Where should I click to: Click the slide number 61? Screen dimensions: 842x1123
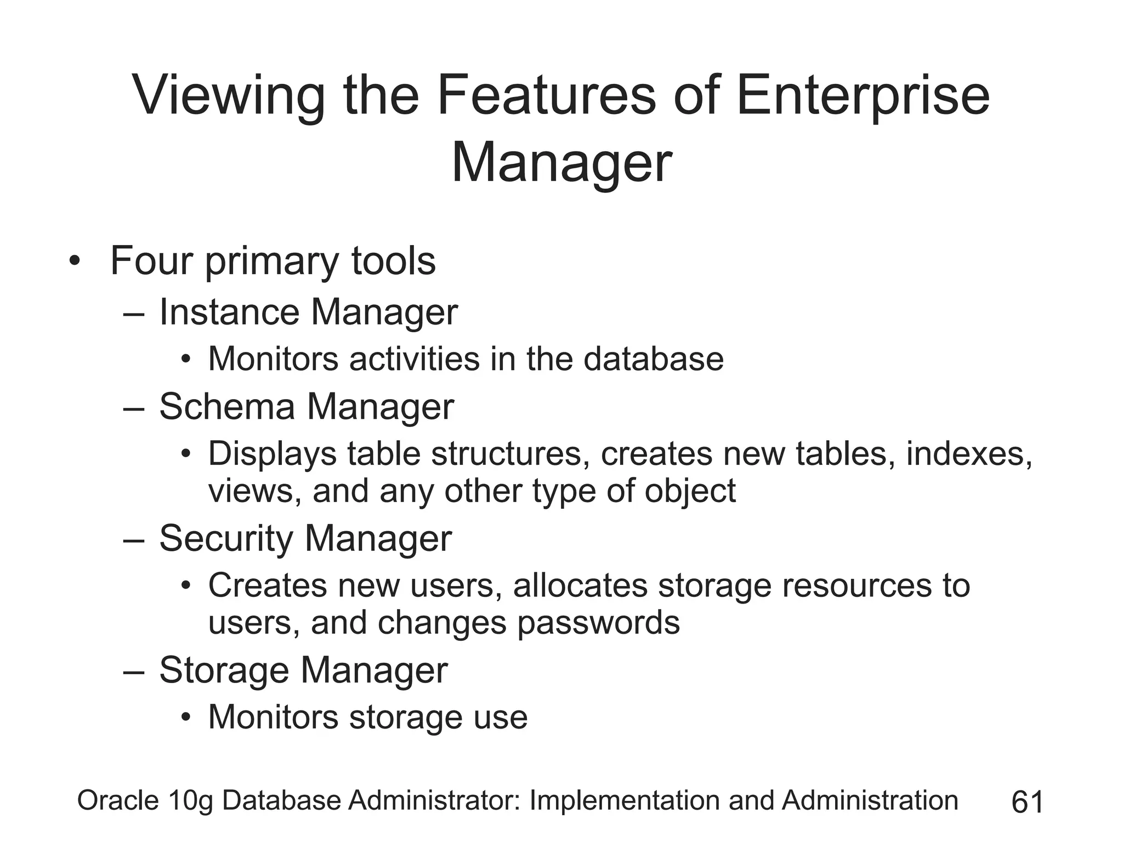click(1027, 802)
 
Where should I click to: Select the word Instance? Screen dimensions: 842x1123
click(229, 312)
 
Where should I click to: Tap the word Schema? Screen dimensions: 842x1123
click(227, 407)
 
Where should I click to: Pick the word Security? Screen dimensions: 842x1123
click(226, 538)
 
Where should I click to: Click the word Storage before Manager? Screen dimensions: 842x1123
click(224, 670)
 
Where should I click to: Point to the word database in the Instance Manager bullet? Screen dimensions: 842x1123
click(653, 359)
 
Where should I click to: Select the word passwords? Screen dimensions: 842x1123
click(598, 623)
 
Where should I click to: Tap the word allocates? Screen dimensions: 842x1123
click(580, 585)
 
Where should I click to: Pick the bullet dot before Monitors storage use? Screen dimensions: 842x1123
click(186, 718)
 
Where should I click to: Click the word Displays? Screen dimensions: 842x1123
click(272, 455)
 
